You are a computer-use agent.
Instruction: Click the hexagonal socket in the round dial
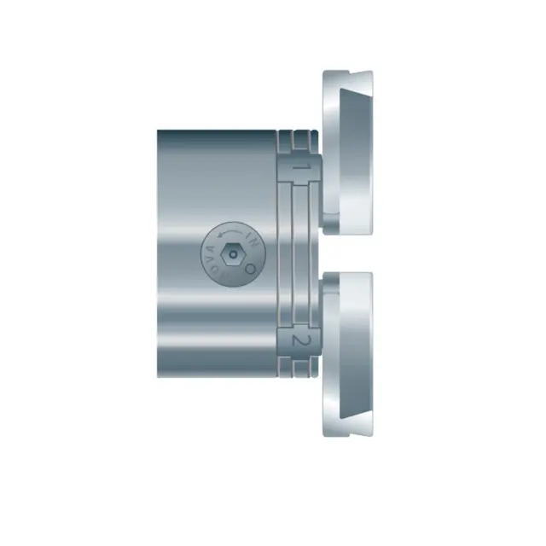tap(232, 253)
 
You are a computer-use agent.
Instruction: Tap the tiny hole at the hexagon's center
tap(232, 253)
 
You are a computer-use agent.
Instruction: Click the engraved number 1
tap(299, 168)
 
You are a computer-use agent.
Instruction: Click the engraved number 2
tap(299, 340)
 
